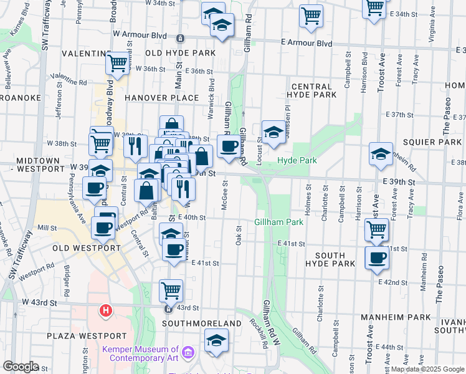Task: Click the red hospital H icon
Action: pyautogui.click(x=106, y=310)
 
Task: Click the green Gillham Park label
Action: pyautogui.click(x=278, y=222)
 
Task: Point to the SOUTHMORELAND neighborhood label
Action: pyautogui.click(x=201, y=324)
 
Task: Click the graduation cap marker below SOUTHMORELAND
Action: pyautogui.click(x=216, y=340)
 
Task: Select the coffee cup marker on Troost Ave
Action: pyautogui.click(x=377, y=257)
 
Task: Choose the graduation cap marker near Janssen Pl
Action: pyautogui.click(x=273, y=132)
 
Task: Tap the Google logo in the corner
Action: pyautogui.click(x=21, y=367)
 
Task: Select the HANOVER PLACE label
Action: pyautogui.click(x=161, y=98)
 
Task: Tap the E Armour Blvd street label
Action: pyautogui.click(x=306, y=43)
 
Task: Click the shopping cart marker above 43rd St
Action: pyautogui.click(x=171, y=289)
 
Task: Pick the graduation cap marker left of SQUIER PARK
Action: pyautogui.click(x=381, y=154)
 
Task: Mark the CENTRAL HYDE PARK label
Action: pyautogui.click(x=311, y=90)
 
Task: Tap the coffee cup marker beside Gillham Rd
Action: pyautogui.click(x=229, y=146)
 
